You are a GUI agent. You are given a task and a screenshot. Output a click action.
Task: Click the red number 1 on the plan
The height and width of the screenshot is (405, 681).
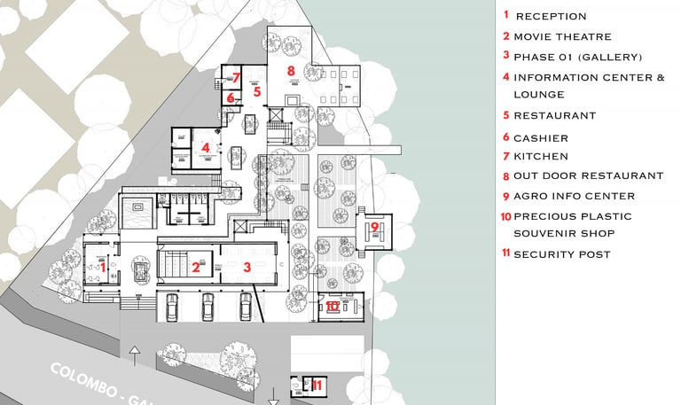[x=103, y=265]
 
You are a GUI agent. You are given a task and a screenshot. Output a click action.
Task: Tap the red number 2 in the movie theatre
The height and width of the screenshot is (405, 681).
[x=196, y=265]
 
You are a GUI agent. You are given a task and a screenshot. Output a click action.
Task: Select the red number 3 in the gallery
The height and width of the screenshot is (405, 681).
[x=248, y=265]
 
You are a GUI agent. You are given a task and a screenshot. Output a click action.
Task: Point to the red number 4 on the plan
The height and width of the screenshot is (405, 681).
[x=206, y=148]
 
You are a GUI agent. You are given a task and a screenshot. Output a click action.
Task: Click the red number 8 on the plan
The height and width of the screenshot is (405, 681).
[x=291, y=69]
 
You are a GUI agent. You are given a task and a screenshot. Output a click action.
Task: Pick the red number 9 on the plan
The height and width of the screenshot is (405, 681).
[x=375, y=227]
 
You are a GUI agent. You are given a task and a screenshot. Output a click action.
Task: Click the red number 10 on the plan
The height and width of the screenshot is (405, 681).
[x=332, y=306]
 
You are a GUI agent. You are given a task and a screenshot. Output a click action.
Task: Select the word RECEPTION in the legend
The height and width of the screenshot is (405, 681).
[x=551, y=16]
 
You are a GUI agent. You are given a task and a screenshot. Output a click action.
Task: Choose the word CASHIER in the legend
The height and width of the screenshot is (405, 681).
[x=540, y=138]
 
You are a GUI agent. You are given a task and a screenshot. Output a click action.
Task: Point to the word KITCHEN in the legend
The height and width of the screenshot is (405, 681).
[x=540, y=157]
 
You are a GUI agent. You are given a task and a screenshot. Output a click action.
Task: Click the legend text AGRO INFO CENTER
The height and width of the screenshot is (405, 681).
[x=574, y=196]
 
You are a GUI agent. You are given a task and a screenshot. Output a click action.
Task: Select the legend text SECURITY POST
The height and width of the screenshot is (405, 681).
[x=562, y=254]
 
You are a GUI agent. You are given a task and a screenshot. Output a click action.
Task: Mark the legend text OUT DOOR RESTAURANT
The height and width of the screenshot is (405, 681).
[x=588, y=176]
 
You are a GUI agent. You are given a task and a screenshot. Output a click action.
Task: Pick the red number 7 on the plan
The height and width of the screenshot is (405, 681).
[x=237, y=77]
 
